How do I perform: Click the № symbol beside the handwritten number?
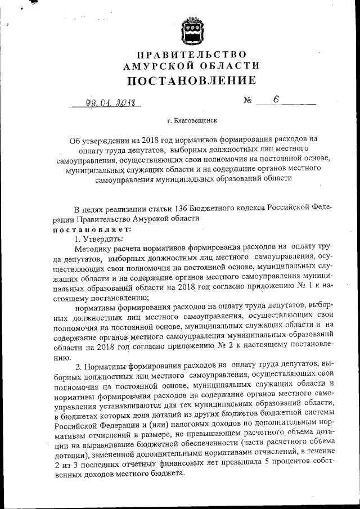point(247,102)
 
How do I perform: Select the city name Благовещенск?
point(195,120)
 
